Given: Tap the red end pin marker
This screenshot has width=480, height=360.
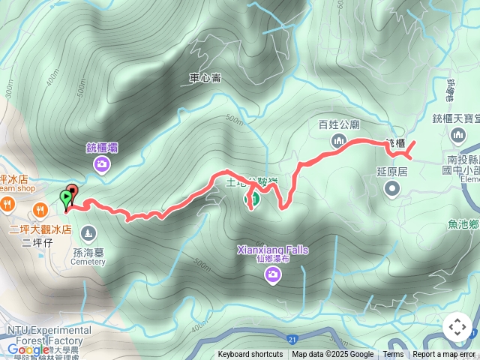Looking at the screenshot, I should (x=73, y=190).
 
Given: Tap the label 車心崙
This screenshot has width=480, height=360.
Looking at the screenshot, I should (x=204, y=76).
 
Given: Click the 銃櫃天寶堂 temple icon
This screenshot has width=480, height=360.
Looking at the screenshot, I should (x=459, y=135).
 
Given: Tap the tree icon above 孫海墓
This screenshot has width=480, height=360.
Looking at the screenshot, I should (x=89, y=232).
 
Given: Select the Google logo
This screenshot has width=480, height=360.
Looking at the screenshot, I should (x=28, y=349).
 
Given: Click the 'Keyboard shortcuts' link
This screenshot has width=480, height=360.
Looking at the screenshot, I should (x=250, y=355).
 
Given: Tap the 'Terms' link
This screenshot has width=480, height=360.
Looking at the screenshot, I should (x=393, y=355).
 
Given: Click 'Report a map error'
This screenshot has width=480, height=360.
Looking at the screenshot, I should (x=445, y=355).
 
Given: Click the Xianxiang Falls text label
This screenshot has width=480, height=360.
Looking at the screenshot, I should (x=273, y=250).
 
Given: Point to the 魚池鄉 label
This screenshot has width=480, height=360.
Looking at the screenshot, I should (x=463, y=223).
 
